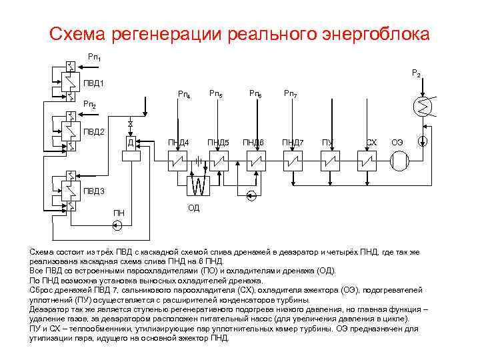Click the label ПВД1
click(x=93, y=83)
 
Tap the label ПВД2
click(x=93, y=131)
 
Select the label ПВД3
click(x=93, y=191)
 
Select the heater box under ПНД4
click(x=179, y=161)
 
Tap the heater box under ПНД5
click(x=218, y=161)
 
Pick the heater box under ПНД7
click(x=293, y=161)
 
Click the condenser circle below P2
click(x=422, y=107)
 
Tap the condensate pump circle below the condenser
click(x=422, y=141)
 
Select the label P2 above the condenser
click(x=415, y=73)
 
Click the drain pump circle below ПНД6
click(x=251, y=195)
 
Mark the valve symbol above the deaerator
click(x=131, y=125)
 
